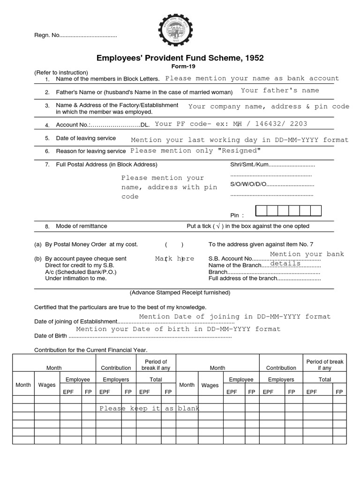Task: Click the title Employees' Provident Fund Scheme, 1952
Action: pos(180,58)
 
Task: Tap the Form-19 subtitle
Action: pos(180,66)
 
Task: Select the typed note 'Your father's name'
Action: pos(280,90)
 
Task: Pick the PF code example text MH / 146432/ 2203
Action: pos(271,124)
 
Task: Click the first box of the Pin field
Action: pos(261,210)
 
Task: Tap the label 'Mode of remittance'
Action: pos(82,226)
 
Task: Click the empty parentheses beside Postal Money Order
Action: pos(174,245)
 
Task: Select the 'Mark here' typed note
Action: pos(174,259)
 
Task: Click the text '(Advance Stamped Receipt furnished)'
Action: pos(180,292)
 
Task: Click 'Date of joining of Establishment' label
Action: pos(75,322)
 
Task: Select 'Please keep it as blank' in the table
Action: pos(149,409)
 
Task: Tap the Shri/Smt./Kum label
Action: pos(244,165)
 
